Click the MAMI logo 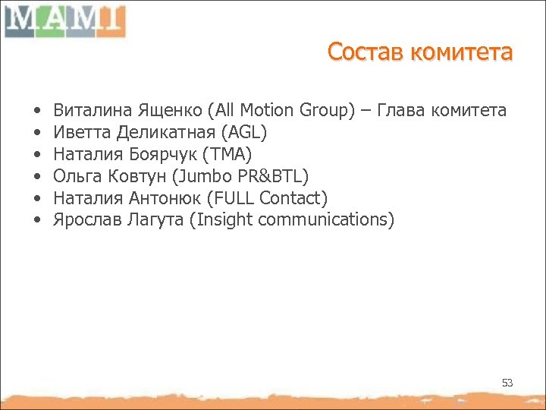coord(64,20)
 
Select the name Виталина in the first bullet coord(84,111)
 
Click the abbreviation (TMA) coord(227,155)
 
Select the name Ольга coord(74,177)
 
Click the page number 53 coord(507,383)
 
